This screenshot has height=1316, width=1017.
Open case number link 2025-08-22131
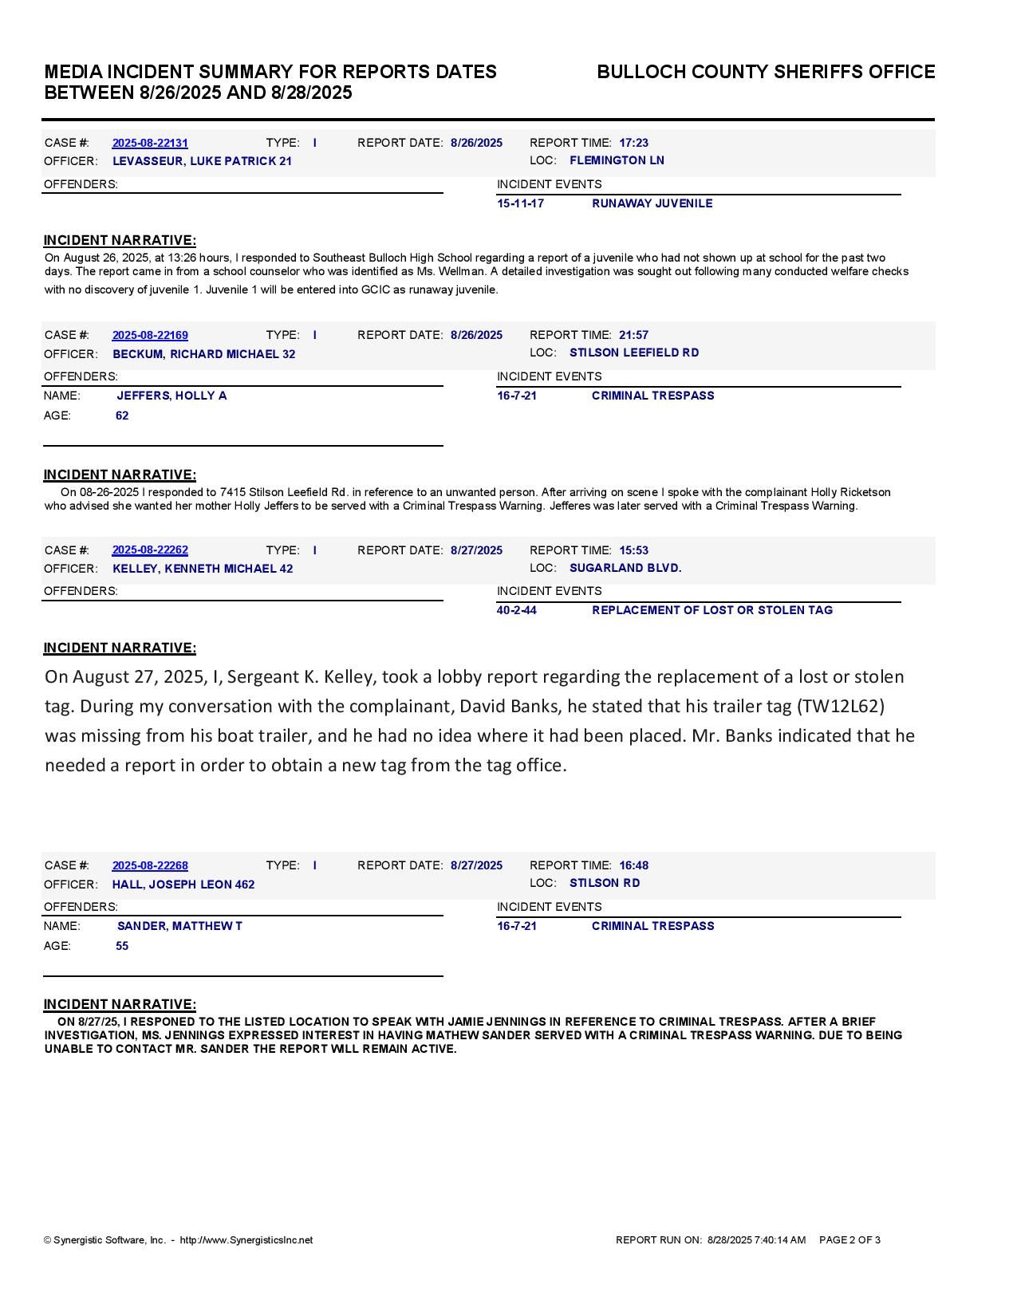pos(150,143)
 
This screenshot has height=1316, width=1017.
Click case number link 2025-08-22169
pos(150,335)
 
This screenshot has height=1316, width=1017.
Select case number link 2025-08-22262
pos(150,550)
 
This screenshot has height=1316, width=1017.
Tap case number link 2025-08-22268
pos(150,865)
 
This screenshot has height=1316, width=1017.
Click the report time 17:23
pos(633,143)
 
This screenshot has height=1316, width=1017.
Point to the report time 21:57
pos(633,335)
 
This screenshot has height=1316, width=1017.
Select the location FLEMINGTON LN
pos(617,160)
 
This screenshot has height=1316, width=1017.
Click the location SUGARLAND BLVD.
pos(625,568)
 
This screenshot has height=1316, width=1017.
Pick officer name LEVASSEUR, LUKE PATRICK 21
pos(202,161)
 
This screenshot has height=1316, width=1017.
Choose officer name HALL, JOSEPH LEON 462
pos(183,885)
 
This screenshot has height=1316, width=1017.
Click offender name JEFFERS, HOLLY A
pos(171,396)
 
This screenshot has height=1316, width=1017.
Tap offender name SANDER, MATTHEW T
pos(179,926)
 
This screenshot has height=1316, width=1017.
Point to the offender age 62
pos(122,416)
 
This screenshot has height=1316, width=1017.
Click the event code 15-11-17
pos(520,203)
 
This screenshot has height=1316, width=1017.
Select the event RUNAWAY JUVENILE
pos(652,203)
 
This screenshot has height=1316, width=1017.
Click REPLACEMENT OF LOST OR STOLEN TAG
pos(712,610)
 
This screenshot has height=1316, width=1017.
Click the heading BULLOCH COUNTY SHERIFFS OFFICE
pos(766,72)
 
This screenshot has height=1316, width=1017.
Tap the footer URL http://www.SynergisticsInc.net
pos(246,1240)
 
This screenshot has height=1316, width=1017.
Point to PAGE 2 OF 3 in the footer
pos(849,1240)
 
